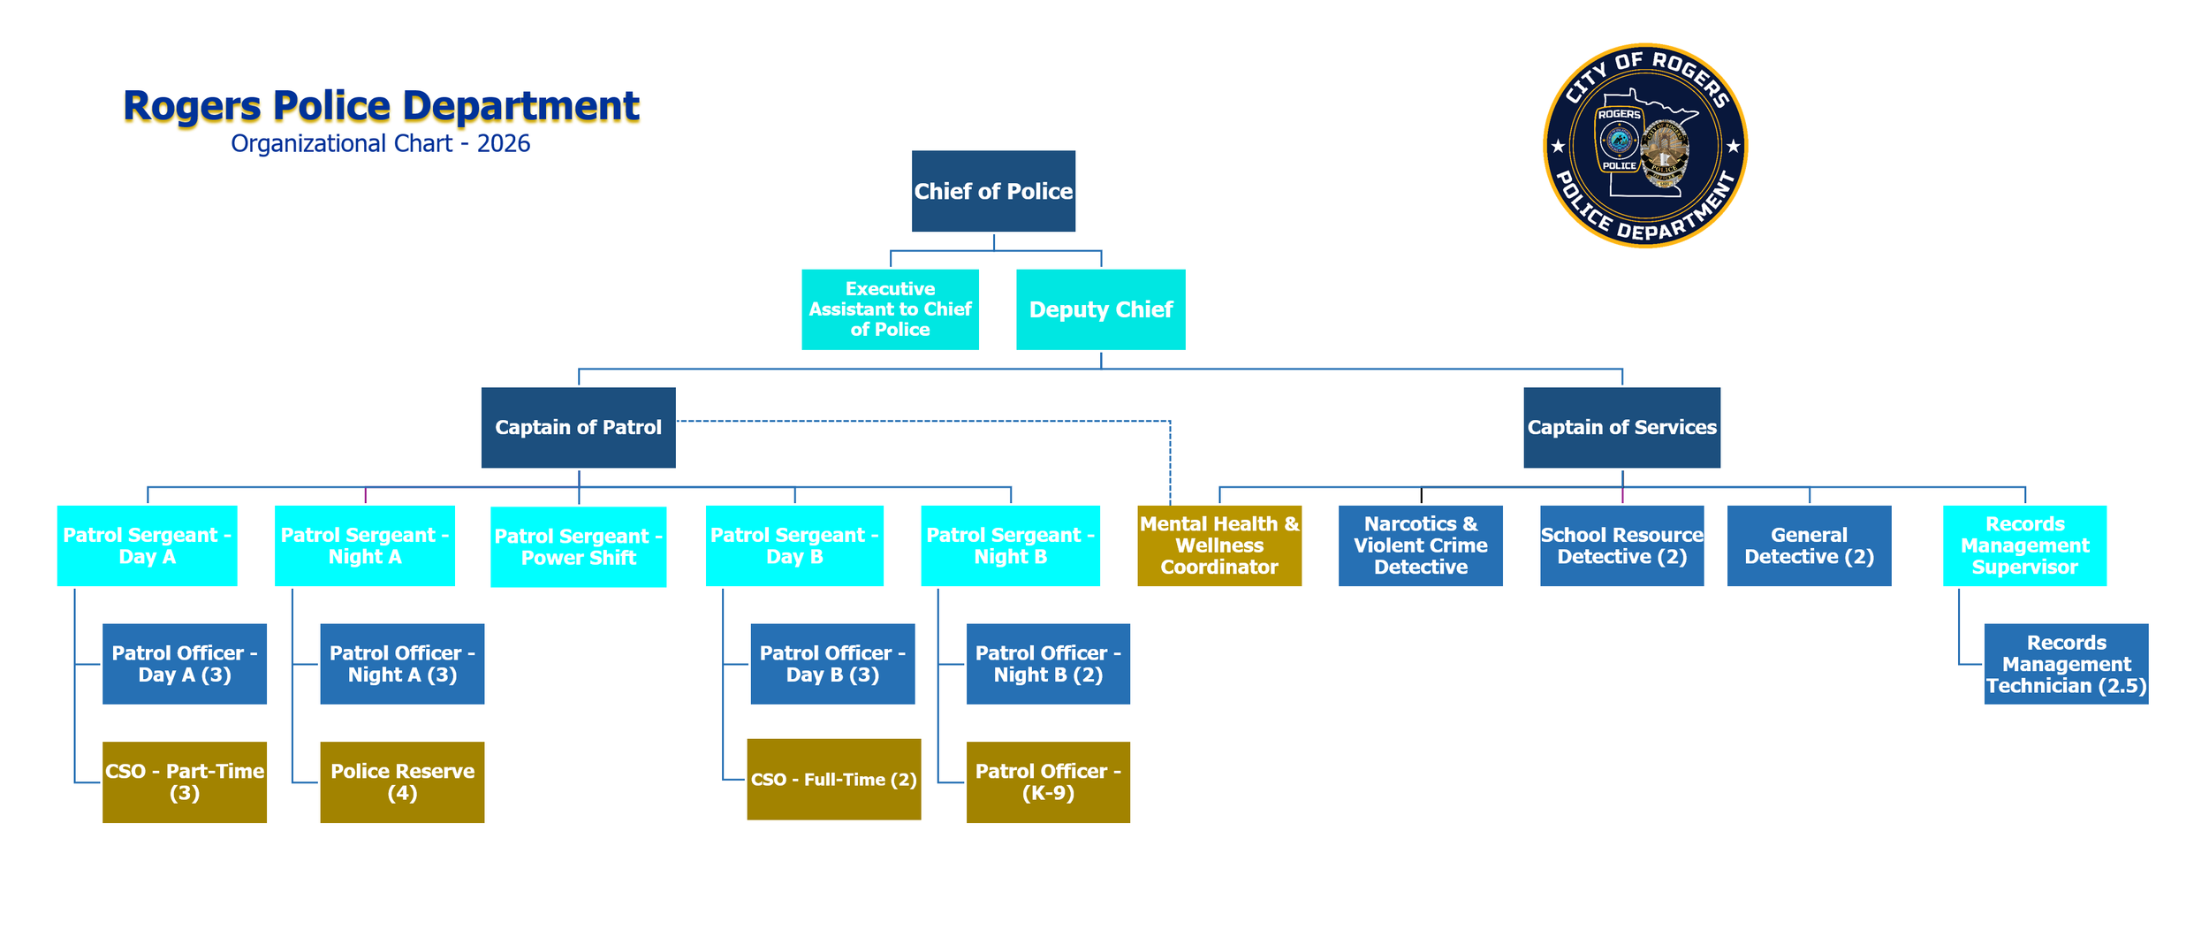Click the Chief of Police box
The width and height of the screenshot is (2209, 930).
(993, 191)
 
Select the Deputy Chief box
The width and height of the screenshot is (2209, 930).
(1100, 309)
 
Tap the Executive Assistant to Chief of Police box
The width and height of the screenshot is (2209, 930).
(890, 309)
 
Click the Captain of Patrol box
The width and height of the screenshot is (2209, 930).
(578, 427)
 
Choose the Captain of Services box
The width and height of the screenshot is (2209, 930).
(1621, 427)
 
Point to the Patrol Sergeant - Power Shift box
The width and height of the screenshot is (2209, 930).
(578, 546)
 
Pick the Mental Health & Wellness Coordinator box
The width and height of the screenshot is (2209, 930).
(1218, 545)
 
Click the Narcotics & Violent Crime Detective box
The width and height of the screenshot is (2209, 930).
(1420, 545)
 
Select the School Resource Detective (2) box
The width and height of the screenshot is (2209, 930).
(1621, 545)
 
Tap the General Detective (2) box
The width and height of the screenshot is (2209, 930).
(1809, 545)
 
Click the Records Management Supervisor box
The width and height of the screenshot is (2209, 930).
(2024, 545)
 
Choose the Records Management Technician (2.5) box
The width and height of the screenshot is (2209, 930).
(2066, 664)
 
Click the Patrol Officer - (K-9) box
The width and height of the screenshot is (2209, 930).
(1048, 781)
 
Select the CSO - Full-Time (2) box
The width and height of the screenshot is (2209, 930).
(833, 779)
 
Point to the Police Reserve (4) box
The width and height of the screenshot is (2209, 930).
(402, 781)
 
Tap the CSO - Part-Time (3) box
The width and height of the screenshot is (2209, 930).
(184, 781)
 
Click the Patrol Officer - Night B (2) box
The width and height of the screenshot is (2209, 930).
(1048, 664)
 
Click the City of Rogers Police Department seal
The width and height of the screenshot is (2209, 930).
(1644, 146)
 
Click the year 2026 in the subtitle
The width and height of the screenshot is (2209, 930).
(504, 144)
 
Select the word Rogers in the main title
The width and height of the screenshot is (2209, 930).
(192, 106)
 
